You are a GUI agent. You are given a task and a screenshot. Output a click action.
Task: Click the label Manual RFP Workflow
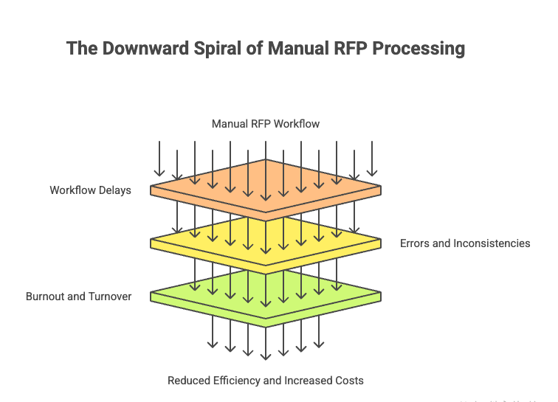266,124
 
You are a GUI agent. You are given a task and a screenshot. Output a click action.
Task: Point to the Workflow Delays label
90,190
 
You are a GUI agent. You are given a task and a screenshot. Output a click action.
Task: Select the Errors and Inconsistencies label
465,243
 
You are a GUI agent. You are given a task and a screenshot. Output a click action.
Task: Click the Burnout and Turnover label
79,297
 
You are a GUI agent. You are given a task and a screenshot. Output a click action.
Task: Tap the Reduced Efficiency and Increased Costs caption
266,381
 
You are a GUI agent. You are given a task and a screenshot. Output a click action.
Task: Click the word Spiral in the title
218,49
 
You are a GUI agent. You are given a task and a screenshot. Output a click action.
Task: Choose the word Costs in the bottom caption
348,381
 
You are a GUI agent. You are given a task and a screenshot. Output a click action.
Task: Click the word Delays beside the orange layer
114,190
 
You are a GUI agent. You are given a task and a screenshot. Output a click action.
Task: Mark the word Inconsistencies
492,243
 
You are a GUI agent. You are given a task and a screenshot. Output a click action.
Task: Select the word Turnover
111,297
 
